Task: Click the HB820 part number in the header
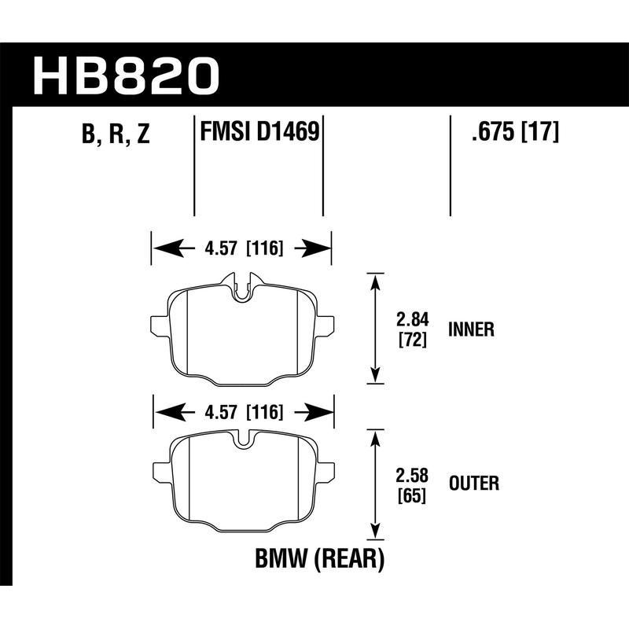coord(126,74)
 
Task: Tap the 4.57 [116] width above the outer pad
coord(243,412)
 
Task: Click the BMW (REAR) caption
coord(319,560)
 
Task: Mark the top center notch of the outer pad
coord(244,440)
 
